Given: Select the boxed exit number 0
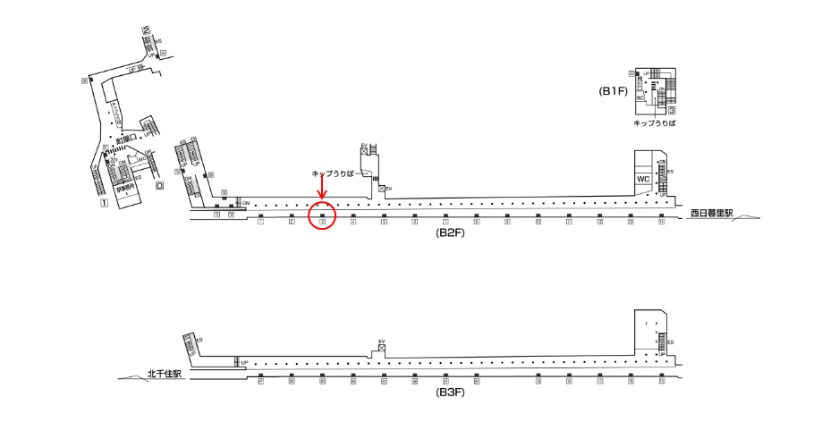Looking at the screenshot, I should click(159, 187).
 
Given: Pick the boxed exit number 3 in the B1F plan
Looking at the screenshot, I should click(670, 110).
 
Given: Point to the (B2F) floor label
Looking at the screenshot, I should click(449, 233).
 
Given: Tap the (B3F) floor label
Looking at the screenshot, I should click(449, 392).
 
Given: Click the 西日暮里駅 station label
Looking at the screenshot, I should click(711, 214).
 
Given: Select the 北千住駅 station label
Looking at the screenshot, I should click(165, 375).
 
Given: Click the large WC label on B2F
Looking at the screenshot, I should click(642, 179).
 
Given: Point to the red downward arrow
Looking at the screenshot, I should click(321, 190).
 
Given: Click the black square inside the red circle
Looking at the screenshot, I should click(321, 215).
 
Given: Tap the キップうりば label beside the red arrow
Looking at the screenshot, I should click(332, 173).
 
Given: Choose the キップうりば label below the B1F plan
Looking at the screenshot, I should click(654, 123).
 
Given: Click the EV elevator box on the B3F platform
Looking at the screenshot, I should click(381, 350).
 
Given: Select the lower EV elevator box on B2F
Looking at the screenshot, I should click(382, 189).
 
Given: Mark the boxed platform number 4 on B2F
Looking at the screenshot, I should click(353, 223).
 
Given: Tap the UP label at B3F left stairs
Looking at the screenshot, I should click(244, 361).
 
